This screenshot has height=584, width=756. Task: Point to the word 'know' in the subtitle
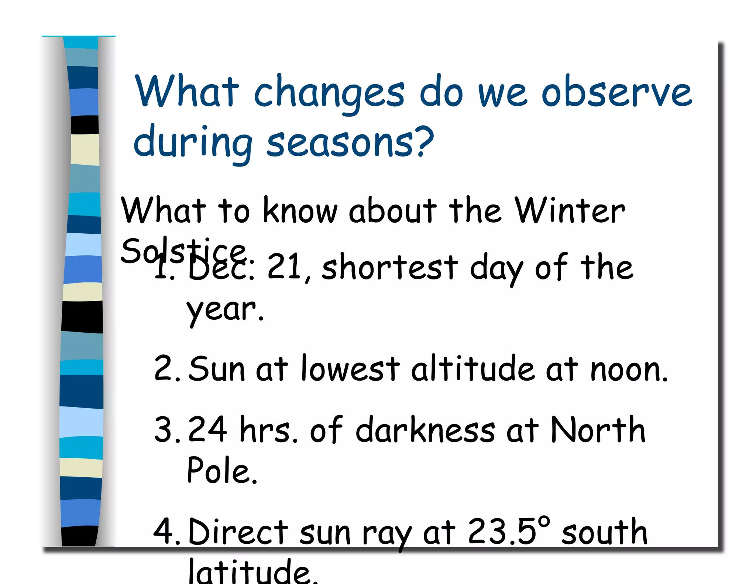(x=300, y=210)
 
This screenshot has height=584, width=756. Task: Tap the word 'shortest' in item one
(x=390, y=267)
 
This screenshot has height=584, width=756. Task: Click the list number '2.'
(x=167, y=368)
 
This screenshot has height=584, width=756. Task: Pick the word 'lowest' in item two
(x=350, y=368)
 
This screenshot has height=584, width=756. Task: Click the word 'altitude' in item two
(x=472, y=368)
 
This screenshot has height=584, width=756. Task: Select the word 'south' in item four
(x=604, y=532)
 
